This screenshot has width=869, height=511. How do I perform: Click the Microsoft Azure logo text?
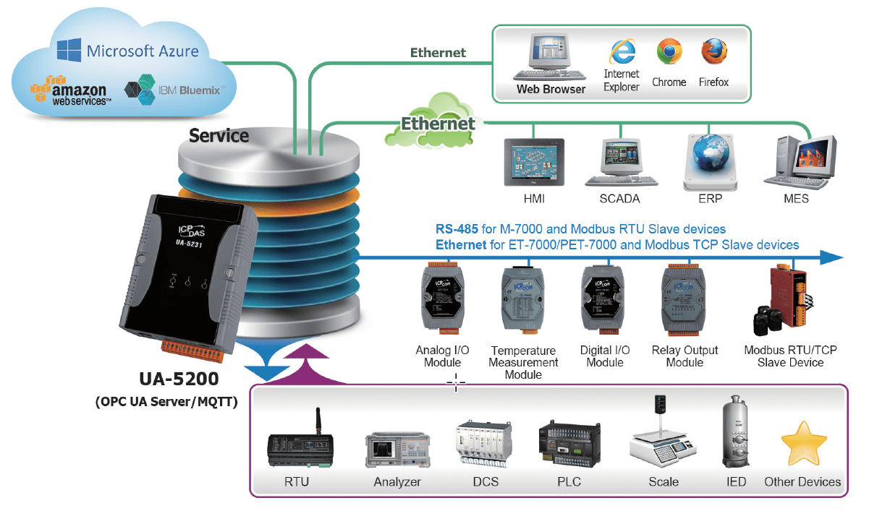point(142,51)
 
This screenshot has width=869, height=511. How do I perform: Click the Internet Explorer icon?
point(622,52)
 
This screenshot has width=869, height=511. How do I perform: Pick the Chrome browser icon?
point(669,52)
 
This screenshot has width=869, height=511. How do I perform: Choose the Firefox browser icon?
point(713,52)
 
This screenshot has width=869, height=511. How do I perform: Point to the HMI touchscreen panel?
point(534,163)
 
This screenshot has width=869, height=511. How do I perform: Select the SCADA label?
point(620,199)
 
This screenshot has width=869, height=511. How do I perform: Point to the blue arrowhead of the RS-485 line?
point(834,257)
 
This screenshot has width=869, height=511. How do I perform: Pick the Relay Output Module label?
point(684,356)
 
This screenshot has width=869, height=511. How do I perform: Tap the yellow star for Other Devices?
point(803,445)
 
